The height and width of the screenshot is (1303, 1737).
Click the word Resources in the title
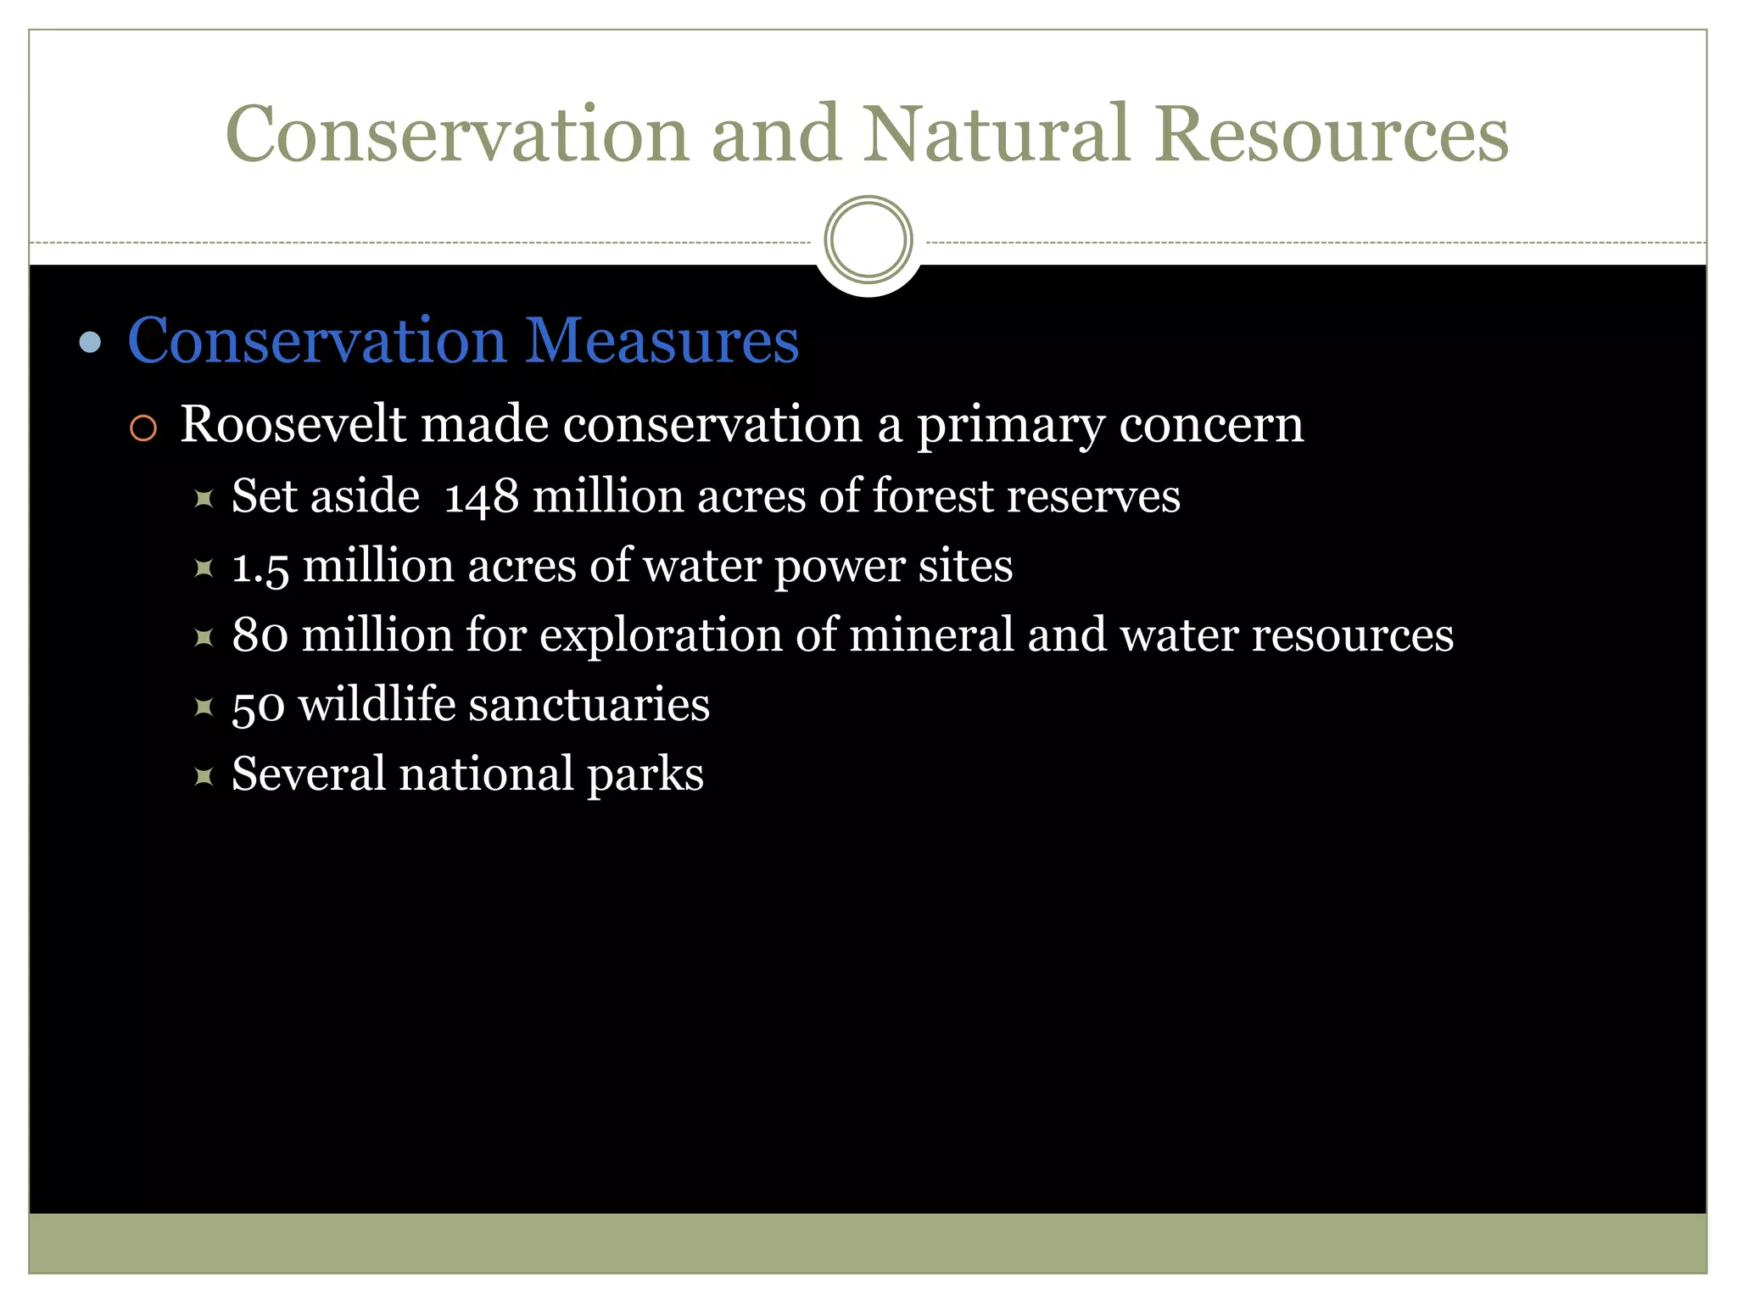tap(1332, 136)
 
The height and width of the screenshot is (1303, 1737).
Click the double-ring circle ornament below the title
tap(868, 240)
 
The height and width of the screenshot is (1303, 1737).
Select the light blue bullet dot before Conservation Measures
tap(90, 343)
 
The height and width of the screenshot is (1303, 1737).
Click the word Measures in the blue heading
tap(662, 340)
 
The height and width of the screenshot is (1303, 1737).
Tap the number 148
tap(481, 498)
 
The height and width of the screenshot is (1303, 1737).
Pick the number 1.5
tap(260, 568)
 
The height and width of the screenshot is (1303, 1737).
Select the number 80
tap(260, 635)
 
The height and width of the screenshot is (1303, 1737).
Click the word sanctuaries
tap(589, 705)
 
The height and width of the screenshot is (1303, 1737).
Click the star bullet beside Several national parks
tap(204, 775)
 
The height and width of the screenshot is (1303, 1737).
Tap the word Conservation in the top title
tap(457, 136)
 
